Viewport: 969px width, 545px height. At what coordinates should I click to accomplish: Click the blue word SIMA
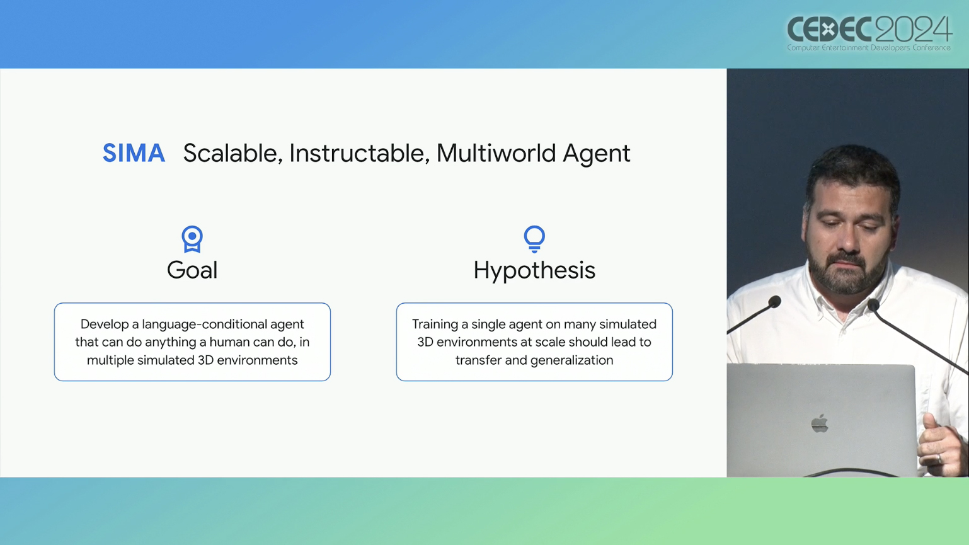click(134, 153)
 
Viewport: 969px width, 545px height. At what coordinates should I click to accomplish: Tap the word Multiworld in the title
click(496, 153)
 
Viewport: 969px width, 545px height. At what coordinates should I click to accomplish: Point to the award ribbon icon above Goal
click(192, 239)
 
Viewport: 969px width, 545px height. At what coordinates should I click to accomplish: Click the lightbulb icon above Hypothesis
click(534, 239)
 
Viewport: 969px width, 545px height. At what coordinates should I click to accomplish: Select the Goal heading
click(192, 270)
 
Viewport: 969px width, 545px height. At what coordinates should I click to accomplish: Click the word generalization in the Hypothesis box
click(571, 360)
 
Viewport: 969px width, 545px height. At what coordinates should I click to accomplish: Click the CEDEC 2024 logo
click(869, 33)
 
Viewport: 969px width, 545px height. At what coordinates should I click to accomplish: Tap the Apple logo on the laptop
click(819, 423)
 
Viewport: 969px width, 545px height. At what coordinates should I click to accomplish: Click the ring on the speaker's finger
click(939, 458)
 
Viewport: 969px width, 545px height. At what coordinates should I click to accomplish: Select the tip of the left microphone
click(774, 301)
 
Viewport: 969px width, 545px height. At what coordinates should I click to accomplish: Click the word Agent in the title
click(596, 154)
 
